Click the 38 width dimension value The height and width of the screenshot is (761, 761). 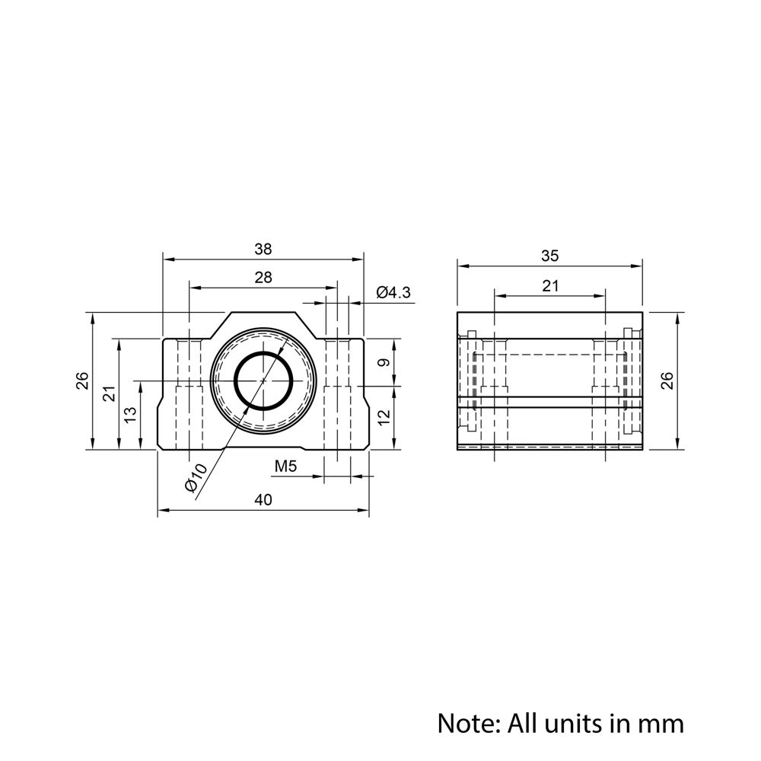pos(263,249)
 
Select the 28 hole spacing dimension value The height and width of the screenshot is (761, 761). pos(263,278)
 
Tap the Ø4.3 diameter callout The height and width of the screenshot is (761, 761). pos(393,292)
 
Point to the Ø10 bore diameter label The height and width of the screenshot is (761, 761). pos(196,477)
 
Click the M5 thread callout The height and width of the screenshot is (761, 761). pos(285,466)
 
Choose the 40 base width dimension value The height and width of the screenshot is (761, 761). pos(263,499)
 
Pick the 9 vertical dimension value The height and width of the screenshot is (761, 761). pos(384,362)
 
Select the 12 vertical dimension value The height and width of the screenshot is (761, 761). pos(384,417)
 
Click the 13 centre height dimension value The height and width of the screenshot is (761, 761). pos(130,415)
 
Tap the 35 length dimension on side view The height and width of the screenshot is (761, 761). pos(550,256)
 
